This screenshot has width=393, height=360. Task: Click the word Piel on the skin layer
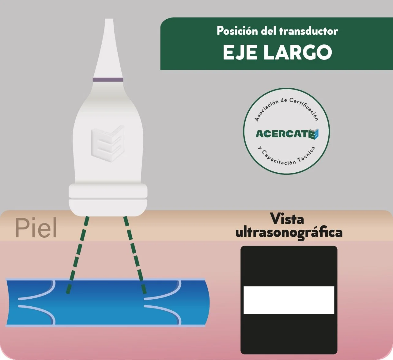point(36,228)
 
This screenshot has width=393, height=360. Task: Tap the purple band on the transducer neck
point(108,80)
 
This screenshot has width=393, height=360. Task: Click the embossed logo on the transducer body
point(108,143)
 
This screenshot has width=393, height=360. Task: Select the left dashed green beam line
point(78,255)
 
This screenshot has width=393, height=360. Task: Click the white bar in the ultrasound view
point(289,300)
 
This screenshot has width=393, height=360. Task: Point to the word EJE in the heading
point(240,52)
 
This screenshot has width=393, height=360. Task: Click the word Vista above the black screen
point(287,219)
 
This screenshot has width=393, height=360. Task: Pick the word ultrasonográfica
point(289,232)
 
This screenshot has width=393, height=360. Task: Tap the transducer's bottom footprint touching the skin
point(108,212)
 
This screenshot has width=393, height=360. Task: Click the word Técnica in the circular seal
point(307,155)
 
